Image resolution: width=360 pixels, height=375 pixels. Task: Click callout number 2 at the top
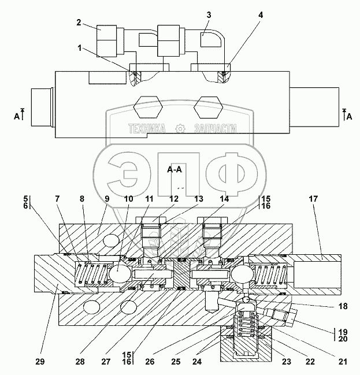[x=79, y=23]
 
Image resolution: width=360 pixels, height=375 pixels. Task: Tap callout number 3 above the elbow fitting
[x=209, y=15]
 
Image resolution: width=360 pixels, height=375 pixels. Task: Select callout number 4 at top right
[x=261, y=15]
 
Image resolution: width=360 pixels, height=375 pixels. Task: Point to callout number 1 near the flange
[x=80, y=48]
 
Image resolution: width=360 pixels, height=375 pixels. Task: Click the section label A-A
[x=175, y=169]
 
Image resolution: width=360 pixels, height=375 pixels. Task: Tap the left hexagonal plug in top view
[x=148, y=107]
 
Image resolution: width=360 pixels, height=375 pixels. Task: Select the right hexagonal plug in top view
[x=208, y=107]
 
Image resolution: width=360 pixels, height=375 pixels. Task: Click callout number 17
[x=313, y=199]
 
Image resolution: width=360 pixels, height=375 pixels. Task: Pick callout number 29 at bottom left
[x=40, y=362]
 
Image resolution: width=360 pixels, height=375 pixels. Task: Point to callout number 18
[x=343, y=306]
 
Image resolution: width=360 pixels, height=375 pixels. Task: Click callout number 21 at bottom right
[x=343, y=362]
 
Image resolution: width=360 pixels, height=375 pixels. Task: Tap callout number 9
[x=107, y=199]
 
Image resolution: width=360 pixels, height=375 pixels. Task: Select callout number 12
[x=174, y=199]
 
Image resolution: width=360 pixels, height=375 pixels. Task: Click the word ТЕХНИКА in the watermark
[x=147, y=129]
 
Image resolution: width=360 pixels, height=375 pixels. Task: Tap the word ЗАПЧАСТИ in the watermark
[x=216, y=129]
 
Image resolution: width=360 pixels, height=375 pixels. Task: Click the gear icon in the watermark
[x=180, y=129]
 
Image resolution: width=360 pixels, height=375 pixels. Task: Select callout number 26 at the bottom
[x=150, y=362]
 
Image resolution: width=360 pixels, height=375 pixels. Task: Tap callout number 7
[x=57, y=199]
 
